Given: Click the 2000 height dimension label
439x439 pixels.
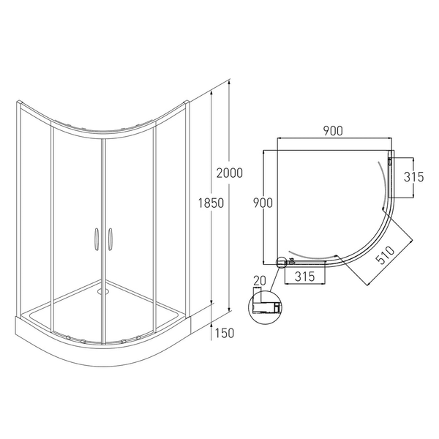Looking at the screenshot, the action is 229,173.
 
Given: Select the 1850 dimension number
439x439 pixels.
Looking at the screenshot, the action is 211,203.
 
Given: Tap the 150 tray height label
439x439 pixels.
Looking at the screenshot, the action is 225,333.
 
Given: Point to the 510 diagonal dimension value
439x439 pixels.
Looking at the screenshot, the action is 386,255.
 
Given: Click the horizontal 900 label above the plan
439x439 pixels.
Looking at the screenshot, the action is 333,131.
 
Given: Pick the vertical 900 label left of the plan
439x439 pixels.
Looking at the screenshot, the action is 263,203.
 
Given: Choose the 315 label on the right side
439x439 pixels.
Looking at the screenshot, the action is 414,177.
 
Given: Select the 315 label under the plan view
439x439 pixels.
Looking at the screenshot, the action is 305,277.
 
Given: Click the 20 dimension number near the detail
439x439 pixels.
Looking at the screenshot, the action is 259,281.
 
